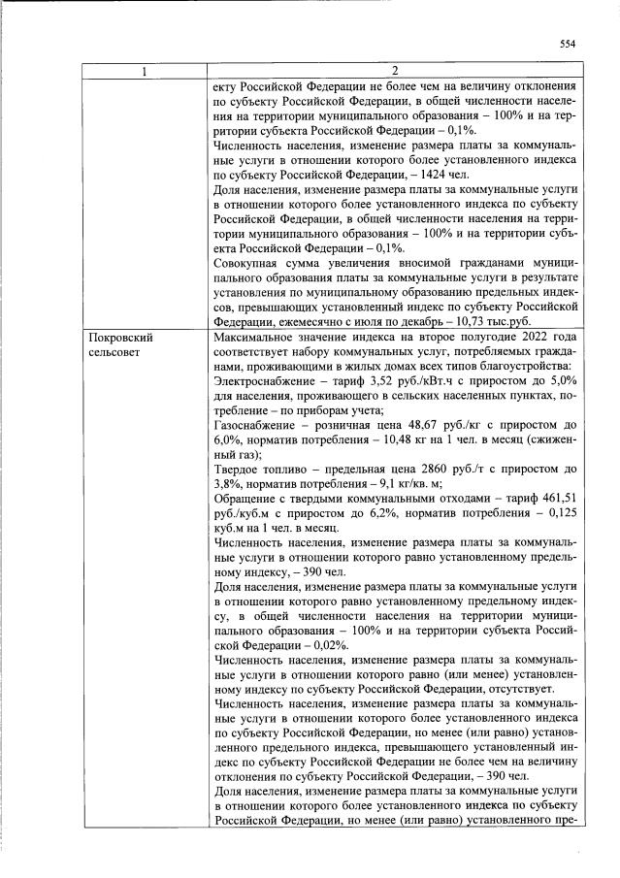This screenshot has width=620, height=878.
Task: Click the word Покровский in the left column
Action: pyautogui.click(x=121, y=337)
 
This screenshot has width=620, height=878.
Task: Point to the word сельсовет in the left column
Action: pyautogui.click(x=116, y=352)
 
